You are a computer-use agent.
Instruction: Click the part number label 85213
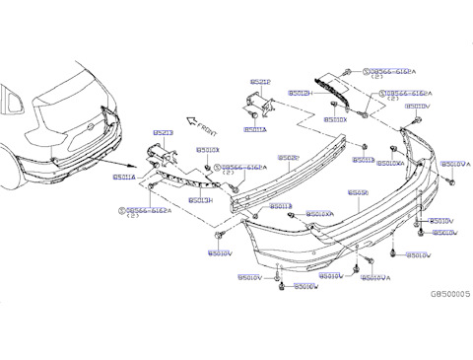coord(162,130)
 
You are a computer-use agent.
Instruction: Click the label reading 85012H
coord(300,93)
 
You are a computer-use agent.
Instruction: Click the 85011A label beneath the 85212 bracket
coord(254,129)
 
